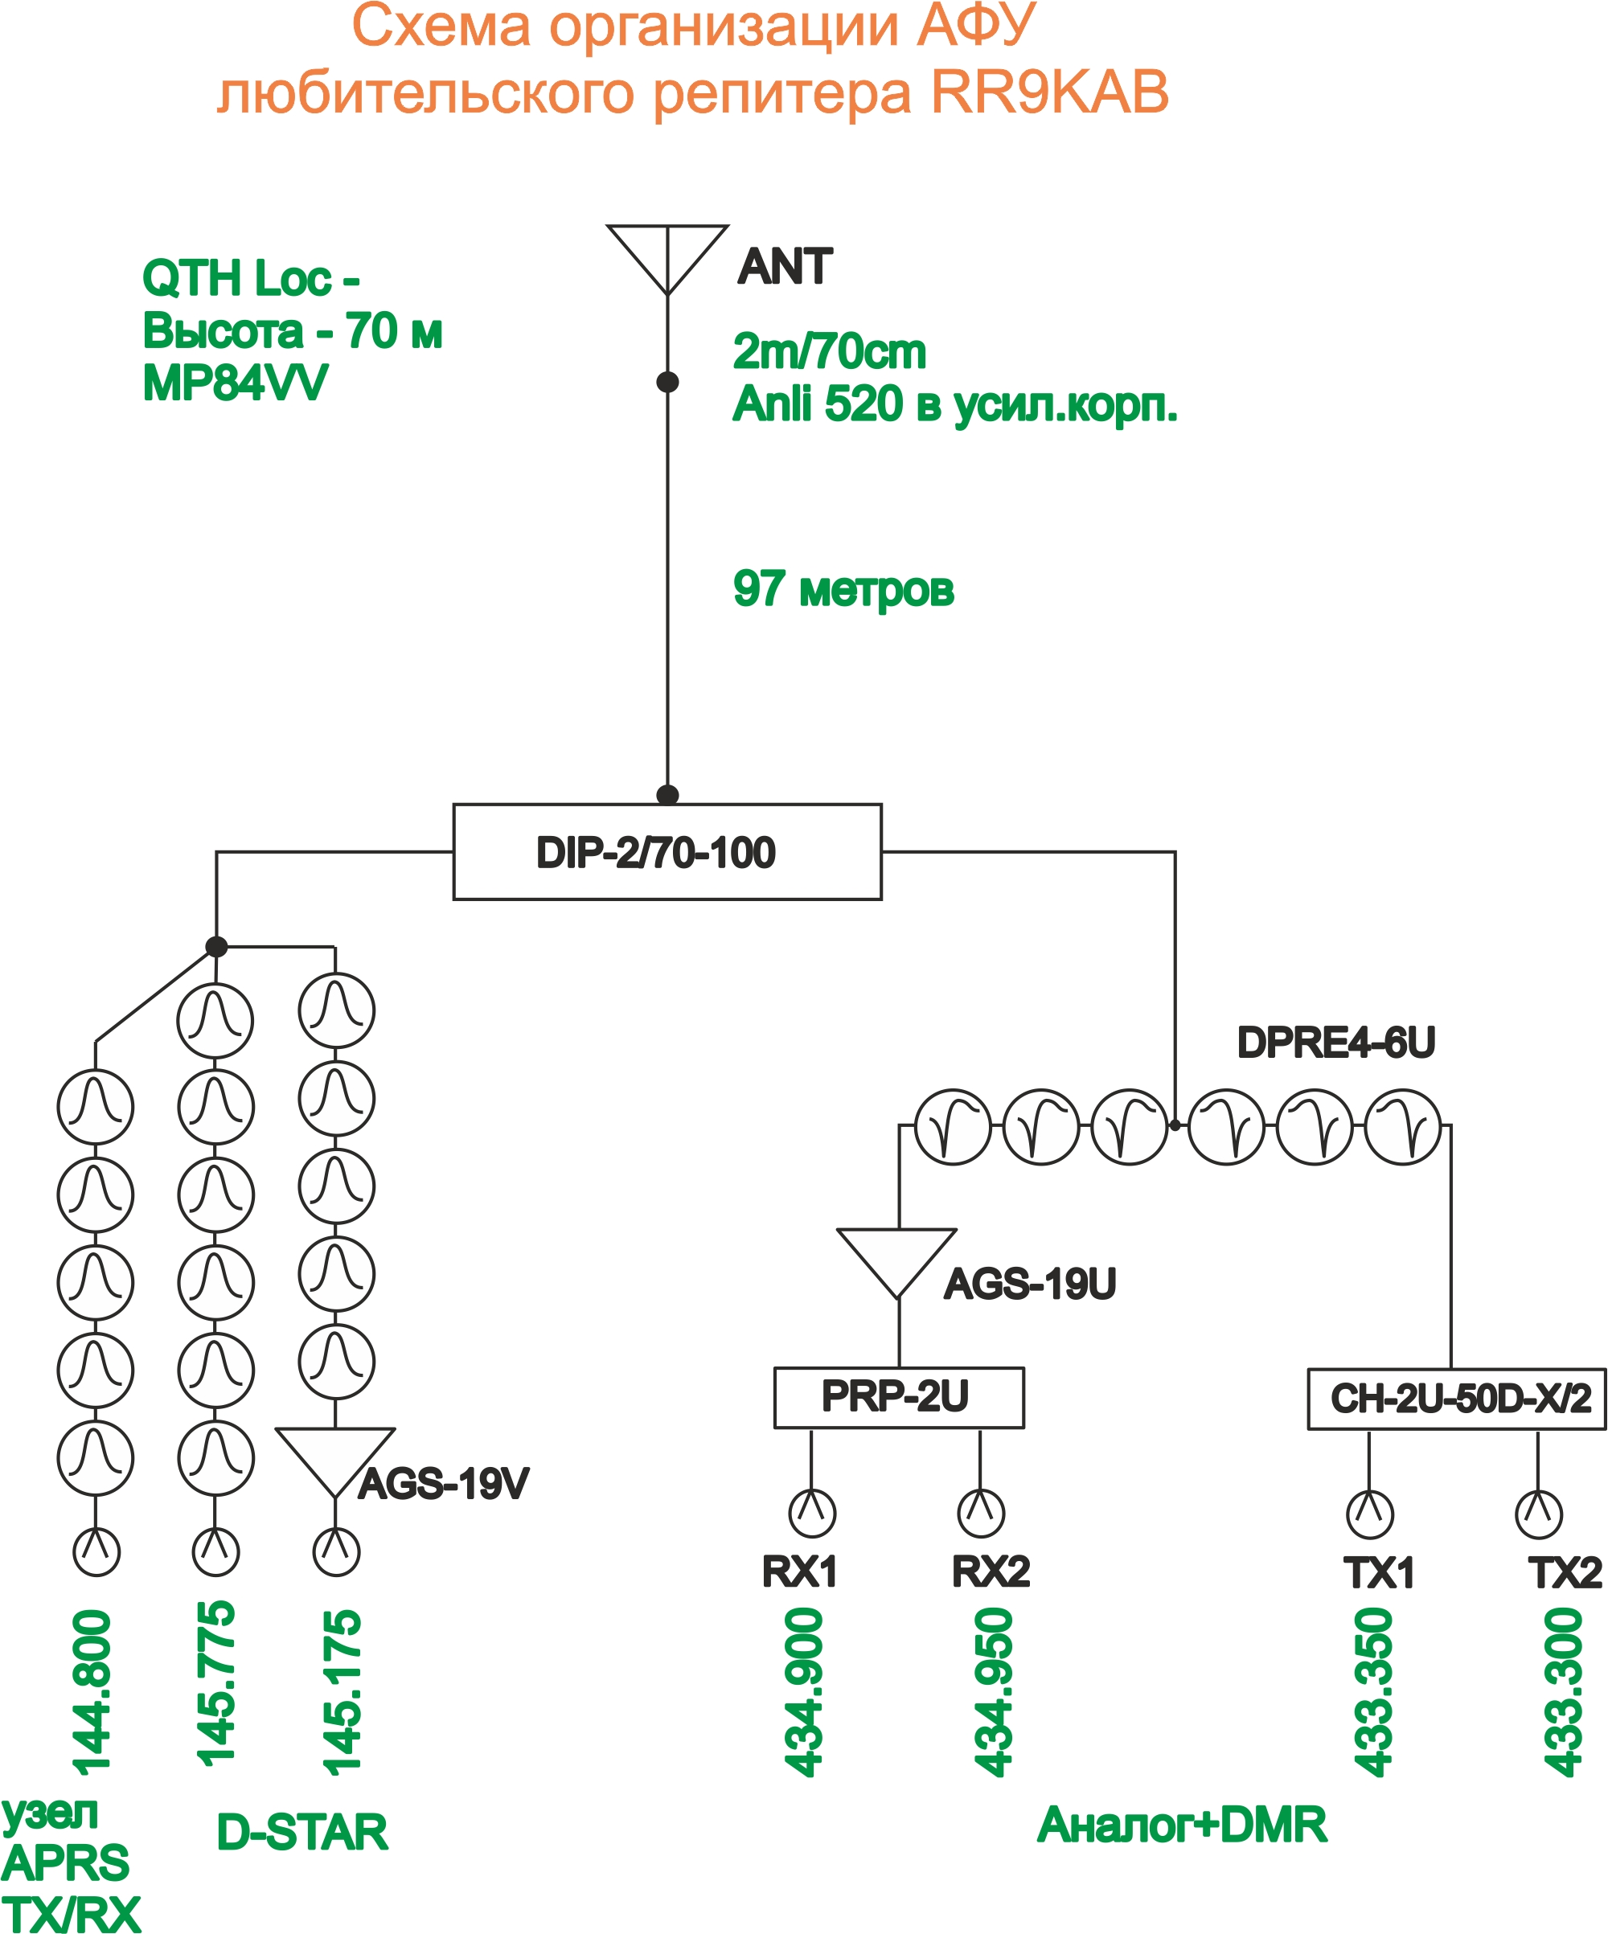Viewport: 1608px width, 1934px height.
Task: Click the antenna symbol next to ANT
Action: [667, 260]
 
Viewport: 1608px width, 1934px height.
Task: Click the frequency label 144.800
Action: [92, 1693]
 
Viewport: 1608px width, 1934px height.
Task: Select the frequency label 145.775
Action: [215, 1683]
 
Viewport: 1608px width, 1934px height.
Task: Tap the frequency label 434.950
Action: [994, 1692]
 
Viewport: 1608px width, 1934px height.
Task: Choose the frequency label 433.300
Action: [1564, 1692]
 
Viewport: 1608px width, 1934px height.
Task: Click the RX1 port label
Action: [799, 1572]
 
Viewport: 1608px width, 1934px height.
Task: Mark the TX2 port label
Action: [1565, 1573]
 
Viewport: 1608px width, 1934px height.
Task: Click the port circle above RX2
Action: [981, 1513]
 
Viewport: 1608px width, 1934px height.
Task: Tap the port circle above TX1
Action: [1369, 1515]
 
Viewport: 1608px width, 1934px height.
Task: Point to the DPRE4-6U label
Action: [1336, 1043]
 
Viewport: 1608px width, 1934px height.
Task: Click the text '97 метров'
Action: [843, 589]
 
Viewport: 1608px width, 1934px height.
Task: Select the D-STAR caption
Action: [302, 1833]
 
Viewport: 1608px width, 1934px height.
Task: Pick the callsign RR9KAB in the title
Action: [1050, 92]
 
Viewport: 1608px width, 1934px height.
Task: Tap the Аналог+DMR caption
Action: [1183, 1825]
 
